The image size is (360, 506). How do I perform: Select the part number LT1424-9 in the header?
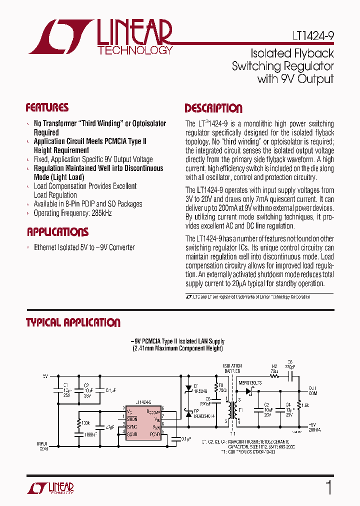click(313, 36)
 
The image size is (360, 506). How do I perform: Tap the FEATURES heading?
click(47, 108)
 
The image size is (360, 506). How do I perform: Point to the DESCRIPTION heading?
click(213, 108)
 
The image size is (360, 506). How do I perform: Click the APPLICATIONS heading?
click(57, 232)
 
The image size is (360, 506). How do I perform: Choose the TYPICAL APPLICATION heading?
click(73, 322)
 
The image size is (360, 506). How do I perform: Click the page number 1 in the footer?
click(328, 487)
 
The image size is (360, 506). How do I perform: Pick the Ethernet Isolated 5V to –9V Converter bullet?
click(84, 247)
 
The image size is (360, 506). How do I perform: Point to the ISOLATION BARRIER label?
click(232, 369)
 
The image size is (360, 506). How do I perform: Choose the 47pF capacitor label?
click(109, 427)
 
